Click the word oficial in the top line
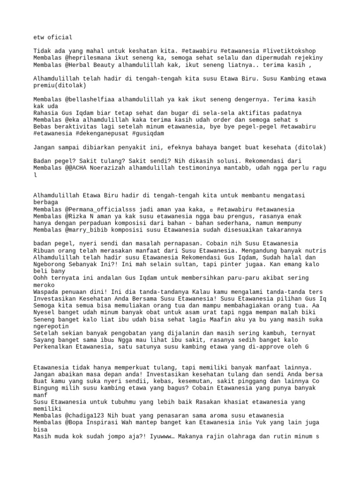pos(59,37)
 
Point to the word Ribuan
pos(45,251)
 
